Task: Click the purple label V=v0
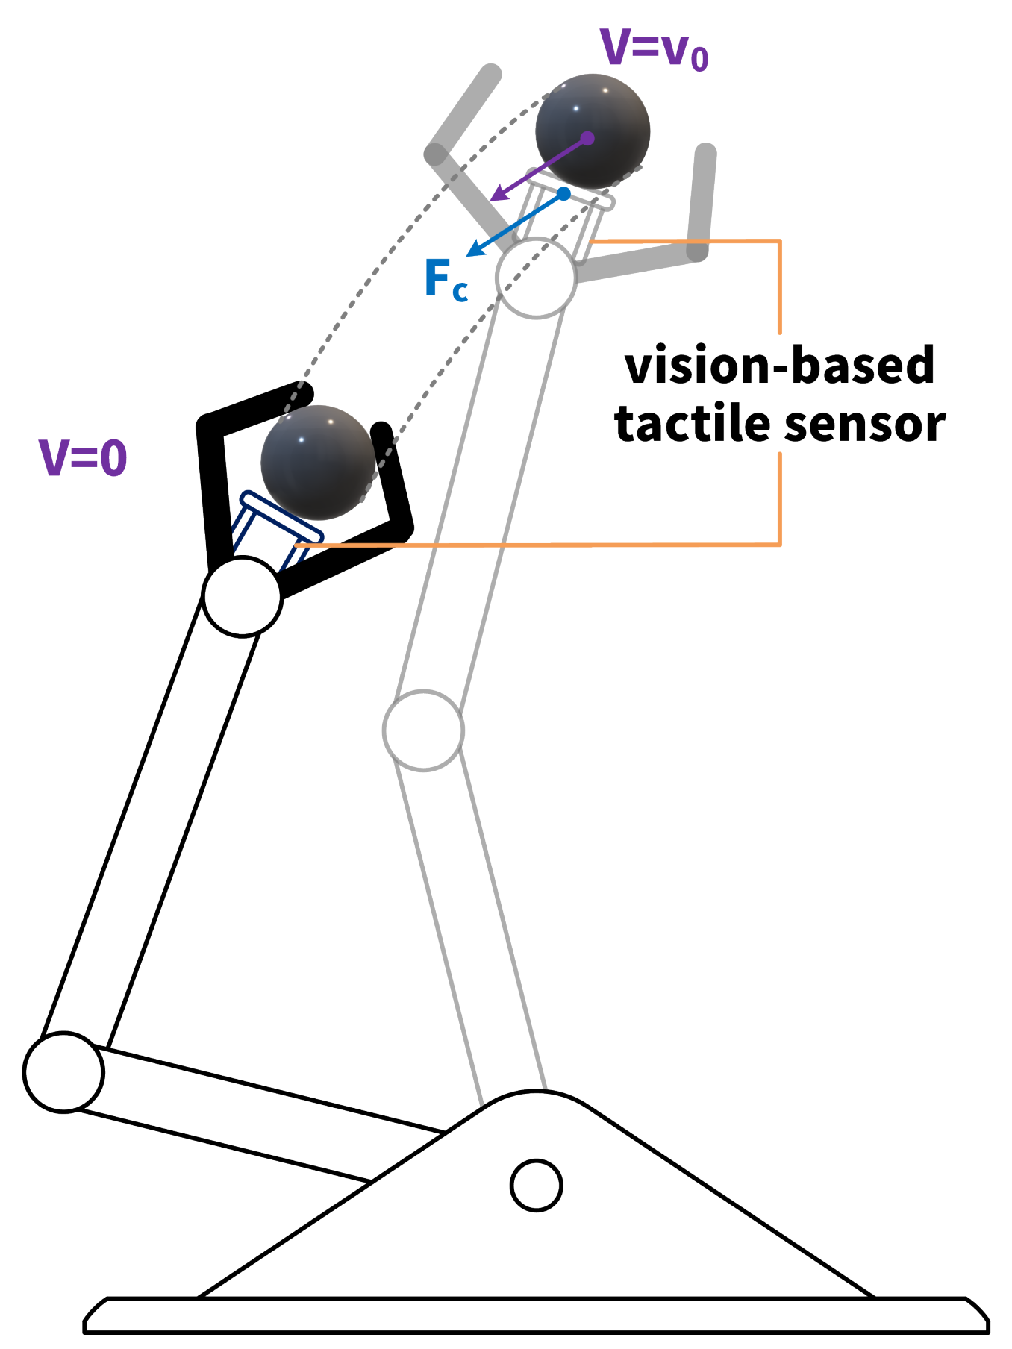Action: (654, 49)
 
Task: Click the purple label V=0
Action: (83, 457)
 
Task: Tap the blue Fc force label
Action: (446, 279)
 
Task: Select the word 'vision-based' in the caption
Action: (780, 366)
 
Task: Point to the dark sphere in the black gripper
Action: (318, 463)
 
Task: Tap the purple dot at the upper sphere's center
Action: (587, 138)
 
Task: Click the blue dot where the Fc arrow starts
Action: (564, 194)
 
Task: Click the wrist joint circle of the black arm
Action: (243, 596)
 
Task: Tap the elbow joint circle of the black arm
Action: (63, 1072)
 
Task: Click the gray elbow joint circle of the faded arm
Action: (423, 730)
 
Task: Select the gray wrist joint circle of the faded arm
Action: (536, 278)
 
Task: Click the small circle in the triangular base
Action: (536, 1185)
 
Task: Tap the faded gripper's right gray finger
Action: (702, 201)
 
